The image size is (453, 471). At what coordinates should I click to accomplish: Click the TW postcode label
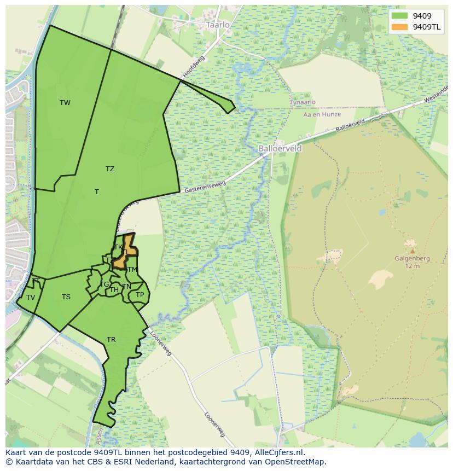click(65, 103)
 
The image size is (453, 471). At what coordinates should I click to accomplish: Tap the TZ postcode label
click(110, 169)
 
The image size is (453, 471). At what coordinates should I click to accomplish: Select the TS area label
click(66, 297)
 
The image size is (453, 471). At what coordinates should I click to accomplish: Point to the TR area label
click(111, 340)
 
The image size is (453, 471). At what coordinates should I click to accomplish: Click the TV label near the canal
click(31, 298)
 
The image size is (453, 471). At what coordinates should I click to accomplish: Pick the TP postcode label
click(140, 295)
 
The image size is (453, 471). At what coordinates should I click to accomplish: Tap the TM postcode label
click(132, 270)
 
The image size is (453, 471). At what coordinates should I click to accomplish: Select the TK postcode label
click(118, 247)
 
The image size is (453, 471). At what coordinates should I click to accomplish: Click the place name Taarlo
click(218, 25)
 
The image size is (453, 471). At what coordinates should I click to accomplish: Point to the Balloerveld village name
click(280, 148)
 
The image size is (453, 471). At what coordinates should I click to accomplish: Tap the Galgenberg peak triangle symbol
click(412, 251)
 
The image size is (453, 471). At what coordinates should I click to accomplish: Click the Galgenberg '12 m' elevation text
click(412, 266)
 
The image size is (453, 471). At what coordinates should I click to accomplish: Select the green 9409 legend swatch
click(400, 16)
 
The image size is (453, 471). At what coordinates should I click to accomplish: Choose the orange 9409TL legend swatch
click(400, 27)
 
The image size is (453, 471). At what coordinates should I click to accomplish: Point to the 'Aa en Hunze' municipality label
click(322, 114)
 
